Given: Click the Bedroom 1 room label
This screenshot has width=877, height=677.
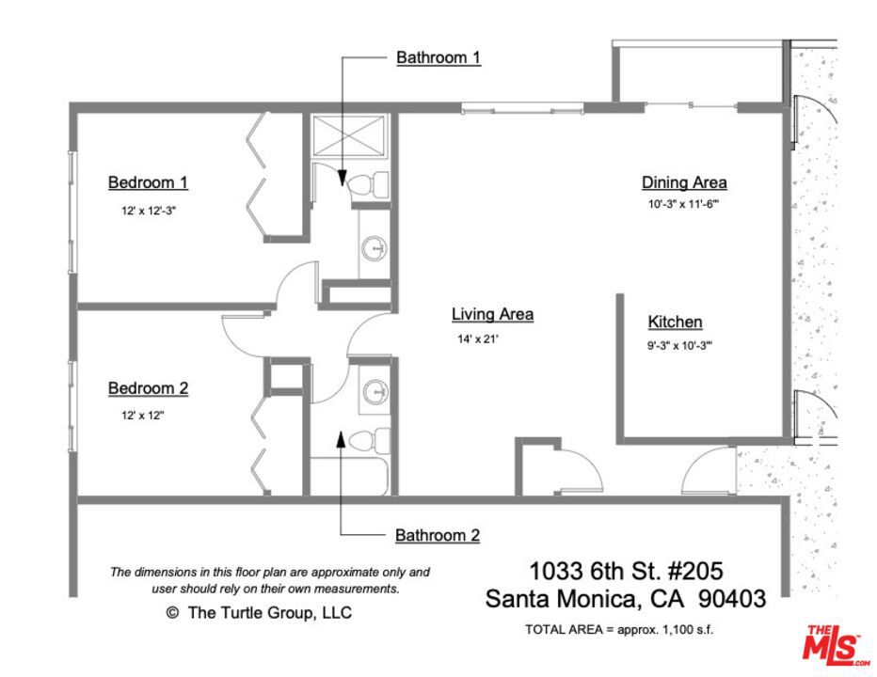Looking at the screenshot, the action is (148, 182).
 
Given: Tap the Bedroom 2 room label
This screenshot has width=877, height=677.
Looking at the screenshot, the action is (149, 388).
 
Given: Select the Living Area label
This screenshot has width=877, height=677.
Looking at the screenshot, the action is (492, 314).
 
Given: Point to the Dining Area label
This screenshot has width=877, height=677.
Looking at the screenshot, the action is (684, 182).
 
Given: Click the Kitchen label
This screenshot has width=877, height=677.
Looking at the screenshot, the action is (675, 322).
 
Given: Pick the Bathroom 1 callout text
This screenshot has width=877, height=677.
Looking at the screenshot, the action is (438, 57).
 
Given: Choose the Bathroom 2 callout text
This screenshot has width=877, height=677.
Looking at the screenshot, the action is (438, 536).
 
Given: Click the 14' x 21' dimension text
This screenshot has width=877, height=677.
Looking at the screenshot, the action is (478, 338).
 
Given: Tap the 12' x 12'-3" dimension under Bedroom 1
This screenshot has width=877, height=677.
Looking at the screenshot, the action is (149, 211).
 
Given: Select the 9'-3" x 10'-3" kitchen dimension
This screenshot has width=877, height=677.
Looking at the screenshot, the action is (679, 345).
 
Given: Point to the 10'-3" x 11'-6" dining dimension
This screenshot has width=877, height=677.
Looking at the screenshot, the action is (683, 204).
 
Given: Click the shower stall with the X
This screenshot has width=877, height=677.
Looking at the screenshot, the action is (349, 135).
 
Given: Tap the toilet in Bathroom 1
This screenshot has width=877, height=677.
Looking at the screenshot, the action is (369, 184).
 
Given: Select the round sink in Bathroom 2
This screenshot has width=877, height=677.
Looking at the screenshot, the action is (375, 391).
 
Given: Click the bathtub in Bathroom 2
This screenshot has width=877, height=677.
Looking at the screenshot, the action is (349, 477).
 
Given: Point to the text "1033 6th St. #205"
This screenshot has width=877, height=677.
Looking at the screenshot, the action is (626, 572).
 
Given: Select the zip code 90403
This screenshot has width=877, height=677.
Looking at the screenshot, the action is (732, 599).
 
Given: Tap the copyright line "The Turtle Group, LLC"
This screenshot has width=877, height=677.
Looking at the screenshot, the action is (259, 613).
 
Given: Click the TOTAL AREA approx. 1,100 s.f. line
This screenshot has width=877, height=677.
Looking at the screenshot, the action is (619, 629).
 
